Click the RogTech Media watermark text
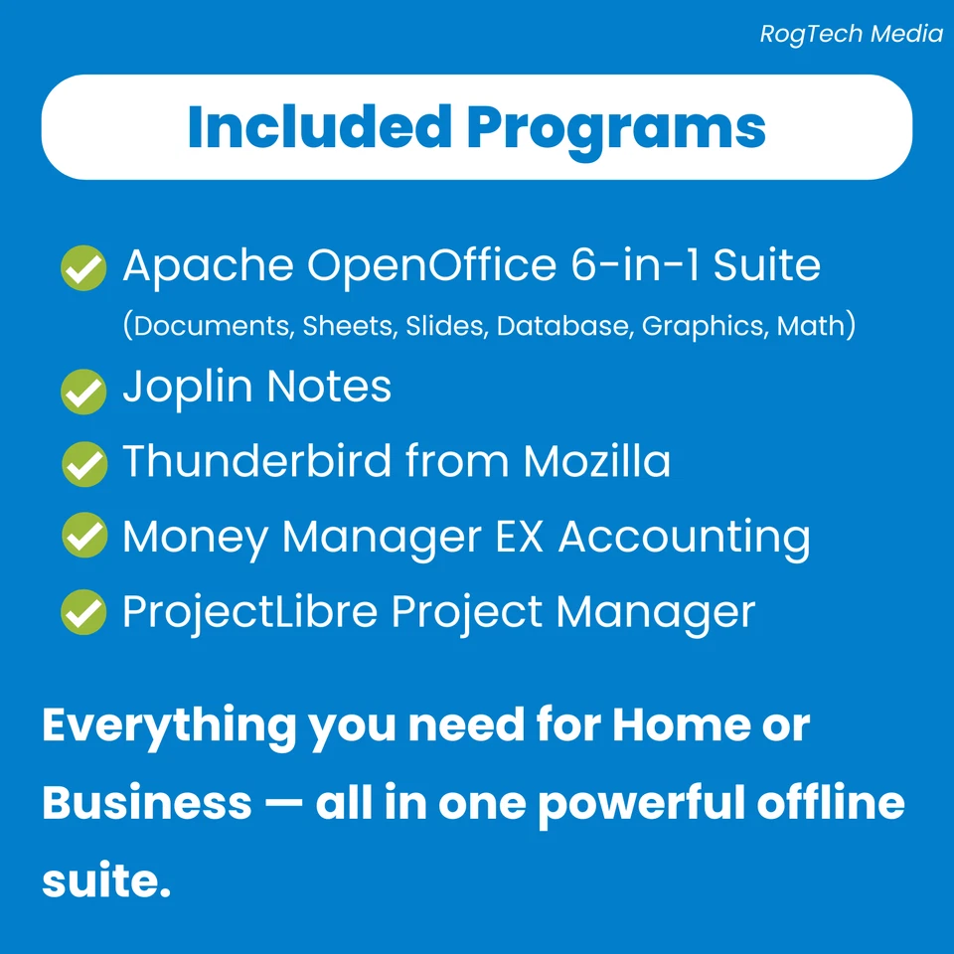[851, 34]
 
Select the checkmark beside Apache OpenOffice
[83, 268]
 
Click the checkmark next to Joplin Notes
[83, 391]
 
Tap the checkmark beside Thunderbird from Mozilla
[83, 464]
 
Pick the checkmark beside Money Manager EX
[83, 538]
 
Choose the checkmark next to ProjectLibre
[83, 612]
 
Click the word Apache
[208, 266]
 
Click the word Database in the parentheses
[563, 326]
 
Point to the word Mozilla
[596, 461]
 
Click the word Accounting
[684, 538]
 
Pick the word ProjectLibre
[249, 612]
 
